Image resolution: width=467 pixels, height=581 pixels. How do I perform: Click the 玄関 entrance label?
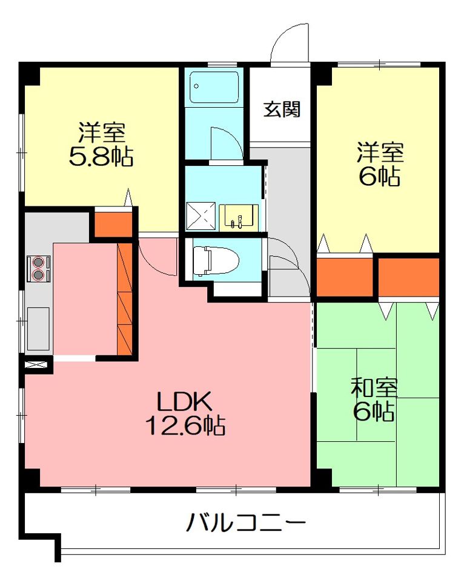tap(282, 110)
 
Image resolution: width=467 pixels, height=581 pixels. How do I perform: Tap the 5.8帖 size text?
tap(101, 157)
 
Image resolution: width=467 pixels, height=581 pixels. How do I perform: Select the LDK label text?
tap(184, 401)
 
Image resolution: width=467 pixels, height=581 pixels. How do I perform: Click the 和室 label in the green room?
tap(374, 387)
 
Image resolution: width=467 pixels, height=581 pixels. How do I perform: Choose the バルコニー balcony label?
tap(246, 523)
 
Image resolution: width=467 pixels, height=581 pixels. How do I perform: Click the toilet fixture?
tap(216, 261)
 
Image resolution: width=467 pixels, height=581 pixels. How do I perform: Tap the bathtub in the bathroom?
tap(214, 87)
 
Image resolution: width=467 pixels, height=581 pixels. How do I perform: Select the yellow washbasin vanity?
tap(239, 217)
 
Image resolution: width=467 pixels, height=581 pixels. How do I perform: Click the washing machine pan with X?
tap(200, 217)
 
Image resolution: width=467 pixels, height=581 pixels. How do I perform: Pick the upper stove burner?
tap(38, 262)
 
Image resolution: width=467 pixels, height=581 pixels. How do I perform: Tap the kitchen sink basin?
tap(38, 328)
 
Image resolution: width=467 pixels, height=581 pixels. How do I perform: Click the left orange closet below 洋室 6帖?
tap(345, 276)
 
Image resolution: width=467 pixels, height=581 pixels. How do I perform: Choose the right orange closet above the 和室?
tap(408, 277)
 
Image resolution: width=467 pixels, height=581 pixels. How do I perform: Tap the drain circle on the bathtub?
tap(196, 87)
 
